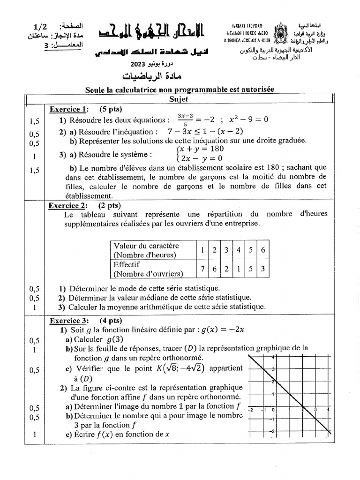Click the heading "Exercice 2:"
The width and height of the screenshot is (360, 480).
pyautogui.click(x=67, y=205)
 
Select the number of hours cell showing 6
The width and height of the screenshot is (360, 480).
pyautogui.click(x=263, y=250)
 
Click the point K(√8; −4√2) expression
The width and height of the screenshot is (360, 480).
pyautogui.click(x=180, y=368)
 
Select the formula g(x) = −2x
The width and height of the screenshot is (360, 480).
pyautogui.click(x=223, y=330)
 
